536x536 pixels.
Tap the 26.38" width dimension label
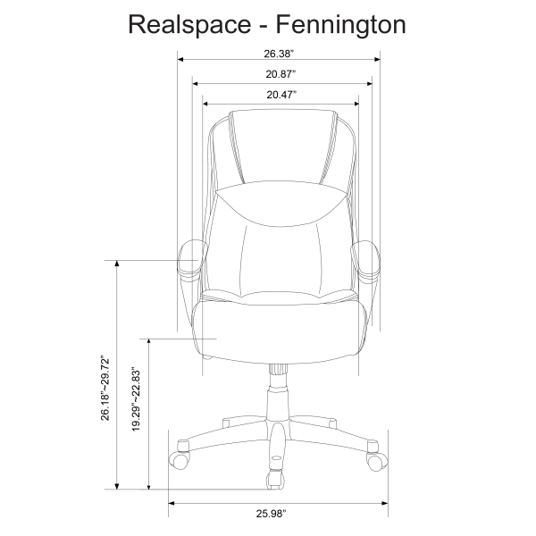[x=281, y=51]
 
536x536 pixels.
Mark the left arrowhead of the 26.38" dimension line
[x=182, y=60]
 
